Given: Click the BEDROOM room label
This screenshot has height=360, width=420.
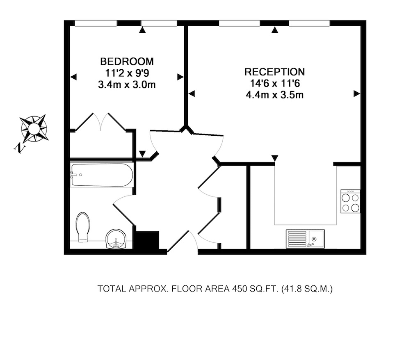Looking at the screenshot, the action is (127, 62).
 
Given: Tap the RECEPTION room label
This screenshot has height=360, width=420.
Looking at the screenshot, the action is (274, 72).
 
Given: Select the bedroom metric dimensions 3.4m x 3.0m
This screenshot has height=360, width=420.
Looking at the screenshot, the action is (127, 85).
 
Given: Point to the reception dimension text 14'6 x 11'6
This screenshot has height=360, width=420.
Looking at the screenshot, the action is (275, 83).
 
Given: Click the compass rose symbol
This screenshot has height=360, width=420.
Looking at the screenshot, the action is (34, 128).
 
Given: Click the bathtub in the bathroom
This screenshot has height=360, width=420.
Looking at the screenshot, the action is (102, 175).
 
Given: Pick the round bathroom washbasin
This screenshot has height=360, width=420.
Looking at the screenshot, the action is (116, 239).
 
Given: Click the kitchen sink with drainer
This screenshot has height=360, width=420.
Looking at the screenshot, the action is (305, 239).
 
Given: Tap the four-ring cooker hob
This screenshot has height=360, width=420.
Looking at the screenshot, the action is (350, 201).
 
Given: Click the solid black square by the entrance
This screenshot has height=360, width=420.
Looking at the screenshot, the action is (147, 240).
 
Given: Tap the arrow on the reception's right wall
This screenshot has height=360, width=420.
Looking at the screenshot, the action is (357, 94).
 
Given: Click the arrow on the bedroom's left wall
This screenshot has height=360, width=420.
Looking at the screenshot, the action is (73, 77).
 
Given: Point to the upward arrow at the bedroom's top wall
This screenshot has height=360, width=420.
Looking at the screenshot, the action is (142, 30).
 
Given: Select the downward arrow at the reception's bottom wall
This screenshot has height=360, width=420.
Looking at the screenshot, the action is (275, 158).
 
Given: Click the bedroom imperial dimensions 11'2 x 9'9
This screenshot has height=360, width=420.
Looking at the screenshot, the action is (127, 73).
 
